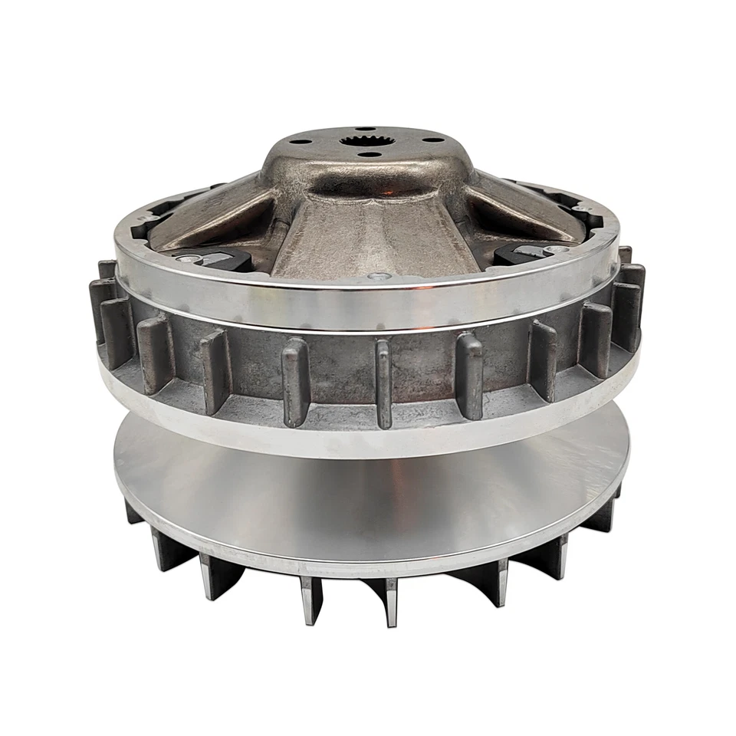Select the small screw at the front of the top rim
[373, 275]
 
